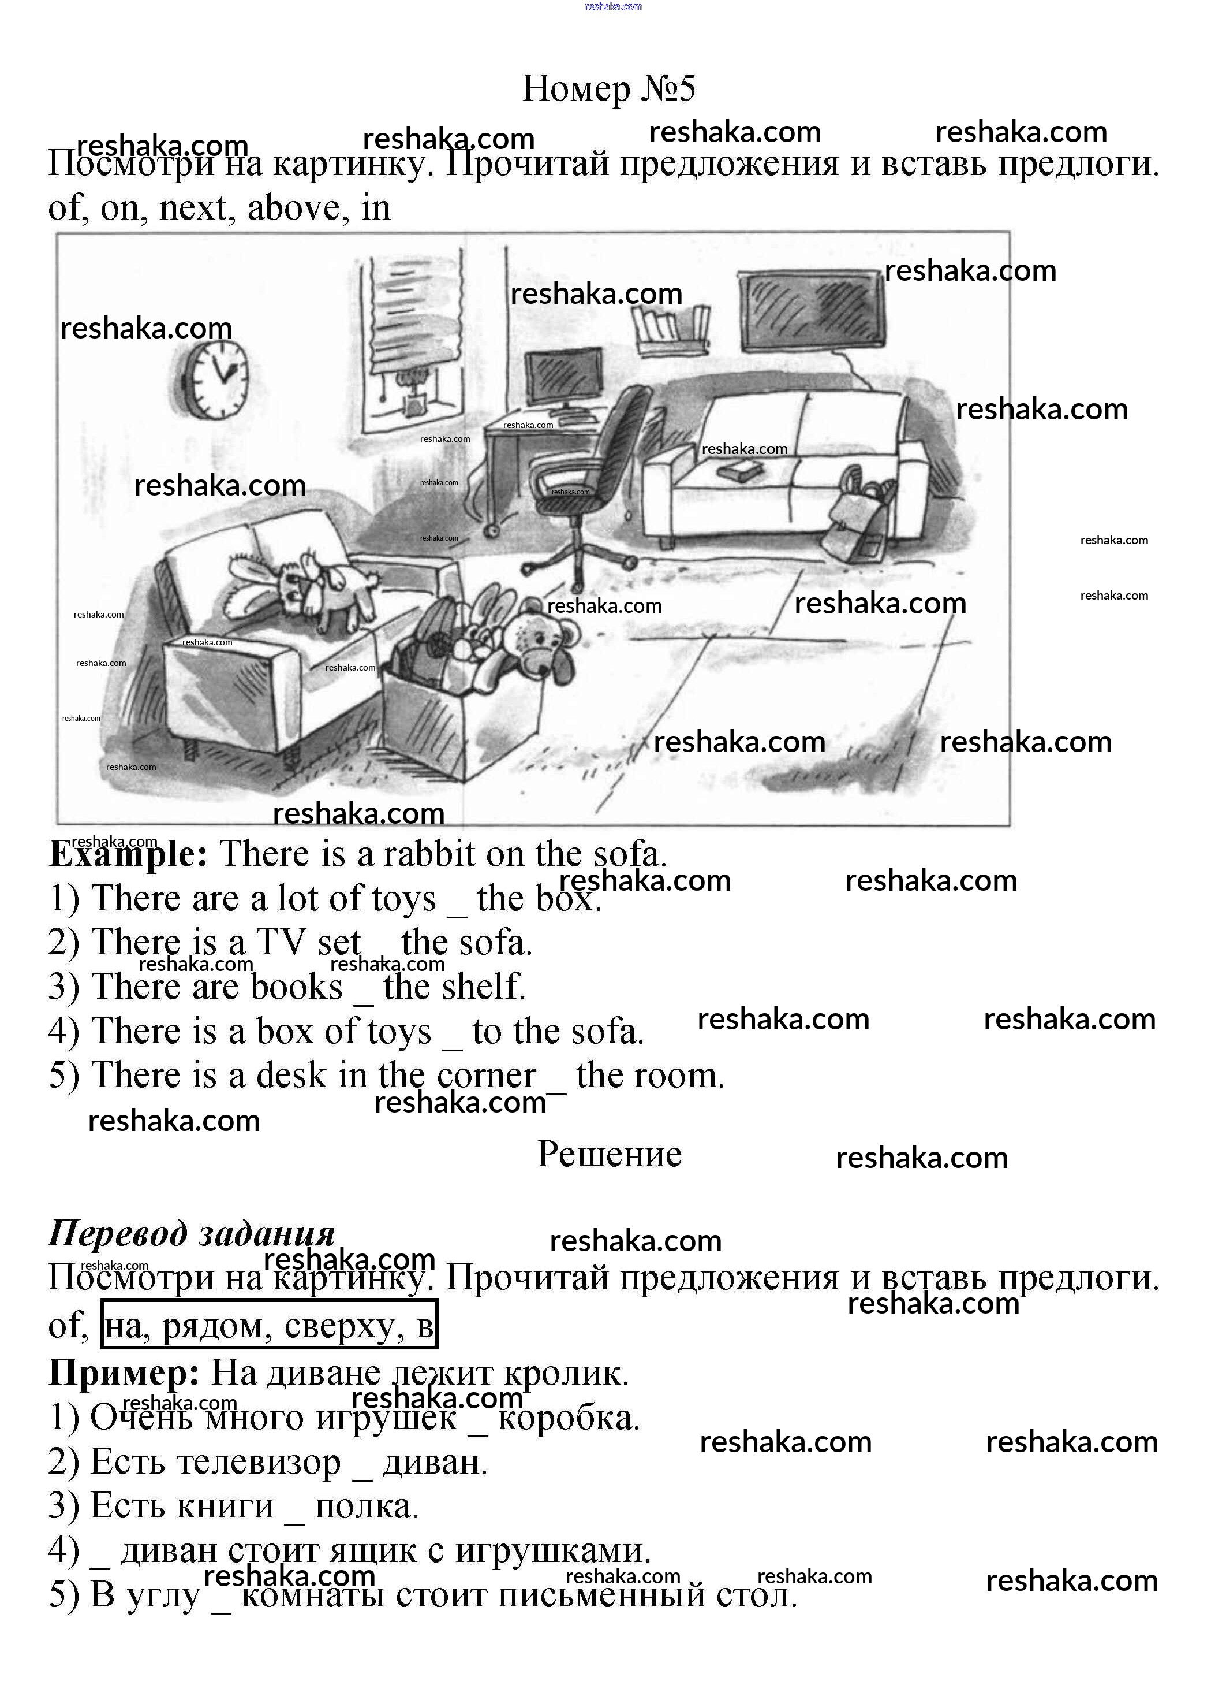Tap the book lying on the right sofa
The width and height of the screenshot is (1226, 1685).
(x=739, y=470)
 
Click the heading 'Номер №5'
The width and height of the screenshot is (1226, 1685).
(x=609, y=88)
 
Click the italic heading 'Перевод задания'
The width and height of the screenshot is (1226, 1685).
(x=192, y=1234)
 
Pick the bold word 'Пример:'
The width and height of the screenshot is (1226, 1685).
(x=124, y=1373)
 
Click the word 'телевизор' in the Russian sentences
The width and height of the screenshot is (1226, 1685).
(x=215, y=1463)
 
